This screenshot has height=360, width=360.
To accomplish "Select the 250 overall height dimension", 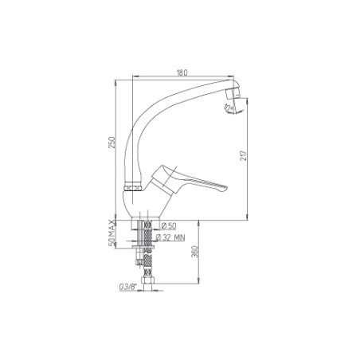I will click(112, 143).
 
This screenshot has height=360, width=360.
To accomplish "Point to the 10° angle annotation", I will click(228, 108).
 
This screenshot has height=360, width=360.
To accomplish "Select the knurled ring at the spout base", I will click(134, 184).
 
